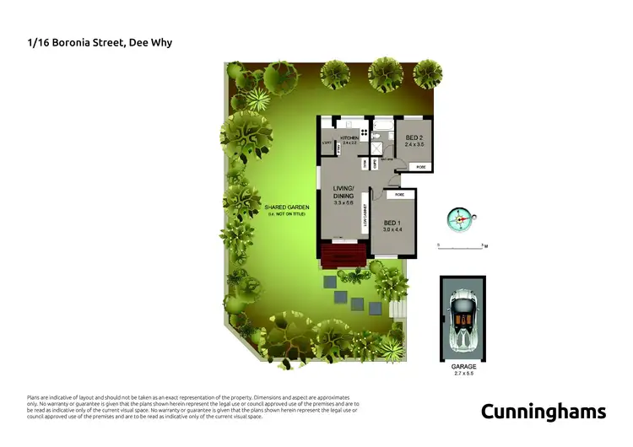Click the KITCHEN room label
point(349,137)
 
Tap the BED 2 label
point(414,138)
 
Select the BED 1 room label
point(393,223)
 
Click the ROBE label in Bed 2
point(421,168)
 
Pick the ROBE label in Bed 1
point(399,195)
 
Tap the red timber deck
point(344,254)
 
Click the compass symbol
point(461,218)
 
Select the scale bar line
point(460,247)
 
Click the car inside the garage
point(463,321)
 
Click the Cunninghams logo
point(543,412)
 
